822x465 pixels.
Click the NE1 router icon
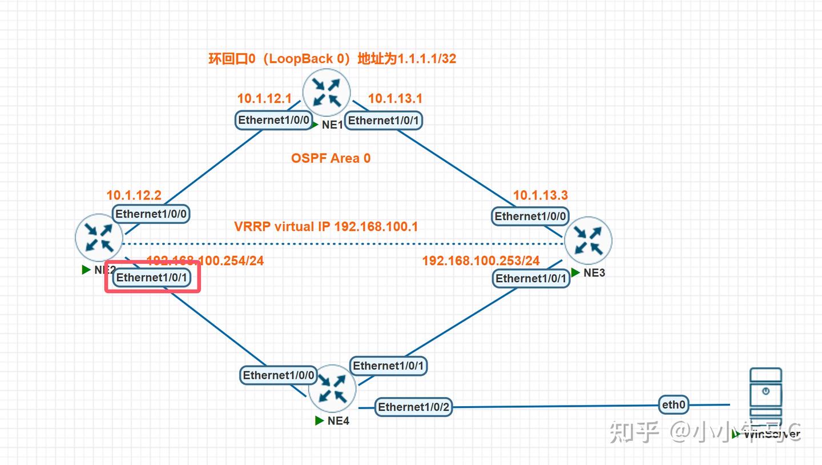pos(327,92)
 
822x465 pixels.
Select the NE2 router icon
pos(99,238)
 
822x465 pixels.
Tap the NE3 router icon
pos(588,240)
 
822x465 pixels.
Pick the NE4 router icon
pos(332,388)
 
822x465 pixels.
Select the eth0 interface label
pos(674,405)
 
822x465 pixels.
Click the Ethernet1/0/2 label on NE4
pos(414,407)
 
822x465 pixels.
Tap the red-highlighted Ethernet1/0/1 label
pos(152,278)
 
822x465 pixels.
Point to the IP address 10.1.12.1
pos(264,98)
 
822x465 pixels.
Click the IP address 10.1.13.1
pos(395,98)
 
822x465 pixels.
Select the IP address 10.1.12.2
pos(134,195)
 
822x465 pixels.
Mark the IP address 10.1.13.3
pos(540,195)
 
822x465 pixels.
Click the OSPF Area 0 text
pos(331,158)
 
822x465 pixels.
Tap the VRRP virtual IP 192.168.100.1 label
pos(326,226)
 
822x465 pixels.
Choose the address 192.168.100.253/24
pos(481,260)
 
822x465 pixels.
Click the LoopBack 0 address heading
pos(332,58)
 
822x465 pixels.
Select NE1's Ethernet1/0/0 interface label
pos(275,120)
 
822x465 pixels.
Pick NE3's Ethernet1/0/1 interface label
pos(531,278)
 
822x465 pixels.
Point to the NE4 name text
pos(339,421)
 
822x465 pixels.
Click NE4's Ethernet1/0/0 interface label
pos(279,375)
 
